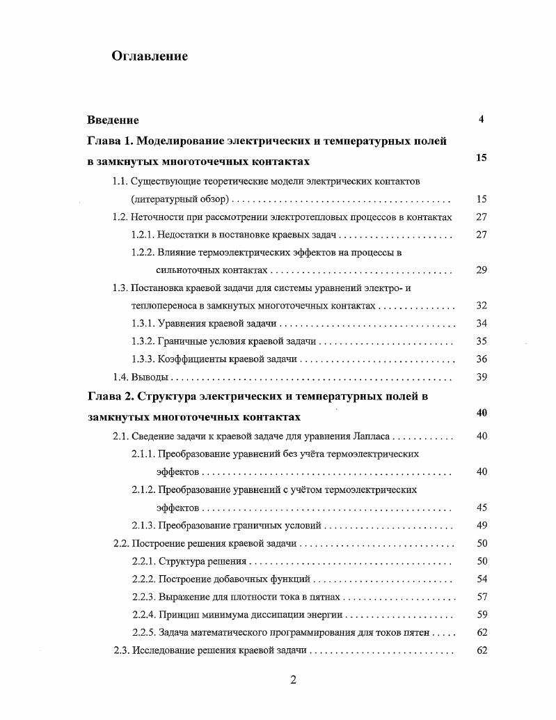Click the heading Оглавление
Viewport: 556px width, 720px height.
point(150,56)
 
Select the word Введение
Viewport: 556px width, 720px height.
point(113,120)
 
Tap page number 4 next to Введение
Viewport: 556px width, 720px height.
point(481,119)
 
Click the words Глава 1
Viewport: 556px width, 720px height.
point(109,141)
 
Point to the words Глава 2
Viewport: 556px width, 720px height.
point(109,396)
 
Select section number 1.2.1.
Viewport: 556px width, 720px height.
point(143,235)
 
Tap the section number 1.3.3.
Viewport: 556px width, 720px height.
point(143,359)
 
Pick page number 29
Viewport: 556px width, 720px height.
point(481,270)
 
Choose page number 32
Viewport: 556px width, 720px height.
point(481,306)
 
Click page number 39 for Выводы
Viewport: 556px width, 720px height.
point(481,377)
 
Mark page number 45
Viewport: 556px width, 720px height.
point(481,507)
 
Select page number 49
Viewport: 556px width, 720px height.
point(481,525)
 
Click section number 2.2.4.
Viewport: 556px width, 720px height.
point(143,615)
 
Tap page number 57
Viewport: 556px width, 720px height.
point(481,597)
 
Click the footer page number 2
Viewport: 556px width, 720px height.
point(293,680)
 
